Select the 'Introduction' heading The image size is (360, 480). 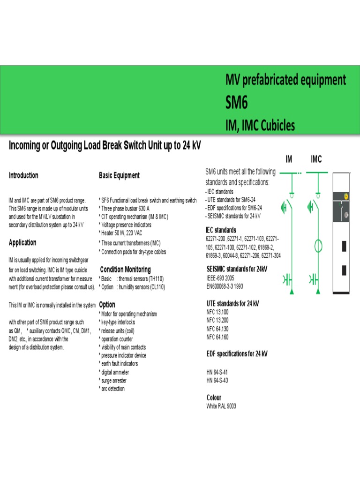(23, 175)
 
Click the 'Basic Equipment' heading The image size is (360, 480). (119, 175)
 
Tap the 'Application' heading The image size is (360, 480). (22, 242)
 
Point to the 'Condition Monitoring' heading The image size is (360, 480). (125, 270)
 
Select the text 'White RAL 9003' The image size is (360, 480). (221, 406)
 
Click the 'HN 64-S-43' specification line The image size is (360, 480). (217, 381)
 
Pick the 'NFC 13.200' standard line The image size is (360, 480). (217, 320)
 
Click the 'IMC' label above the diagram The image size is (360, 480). (316, 160)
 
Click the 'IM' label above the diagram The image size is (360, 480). (289, 160)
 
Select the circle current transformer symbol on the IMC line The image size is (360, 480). (318, 245)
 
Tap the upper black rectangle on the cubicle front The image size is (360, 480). (345, 246)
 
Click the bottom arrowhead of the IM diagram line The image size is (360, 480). (292, 292)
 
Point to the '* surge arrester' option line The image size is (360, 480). (112, 381)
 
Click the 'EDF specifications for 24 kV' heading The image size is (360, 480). (237, 353)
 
